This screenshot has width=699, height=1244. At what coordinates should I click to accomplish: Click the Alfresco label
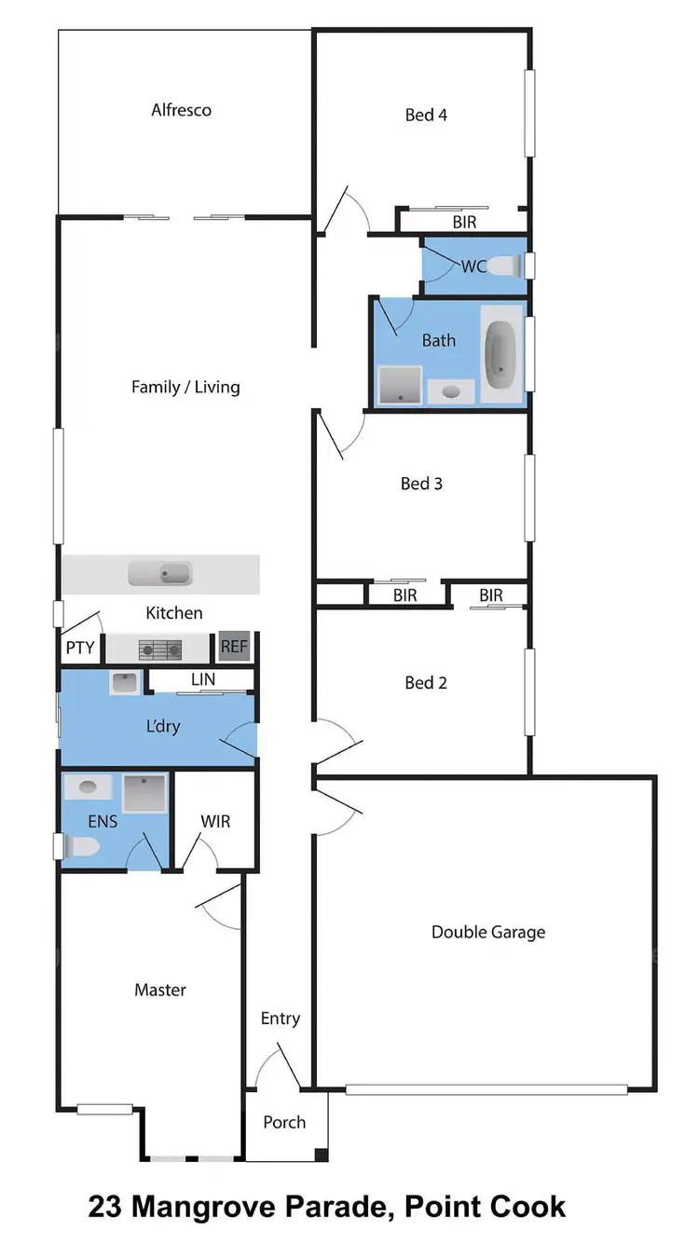181,110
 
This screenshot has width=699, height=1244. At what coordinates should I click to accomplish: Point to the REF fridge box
234,646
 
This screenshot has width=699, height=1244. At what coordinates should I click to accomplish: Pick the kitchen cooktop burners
159,649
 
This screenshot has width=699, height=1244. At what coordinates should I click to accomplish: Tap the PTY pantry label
80,647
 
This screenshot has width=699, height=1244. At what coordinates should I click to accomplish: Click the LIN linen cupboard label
202,680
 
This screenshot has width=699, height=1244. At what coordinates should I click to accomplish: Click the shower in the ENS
144,793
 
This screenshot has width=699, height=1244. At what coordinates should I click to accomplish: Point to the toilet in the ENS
82,846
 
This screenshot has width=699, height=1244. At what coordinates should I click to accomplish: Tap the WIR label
215,822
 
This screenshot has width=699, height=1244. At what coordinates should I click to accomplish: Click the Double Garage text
487,932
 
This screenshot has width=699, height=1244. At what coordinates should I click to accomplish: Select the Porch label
284,1122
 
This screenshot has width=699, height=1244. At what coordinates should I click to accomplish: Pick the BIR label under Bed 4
464,223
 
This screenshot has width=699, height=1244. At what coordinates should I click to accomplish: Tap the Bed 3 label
421,484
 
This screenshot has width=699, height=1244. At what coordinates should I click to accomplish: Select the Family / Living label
185,387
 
